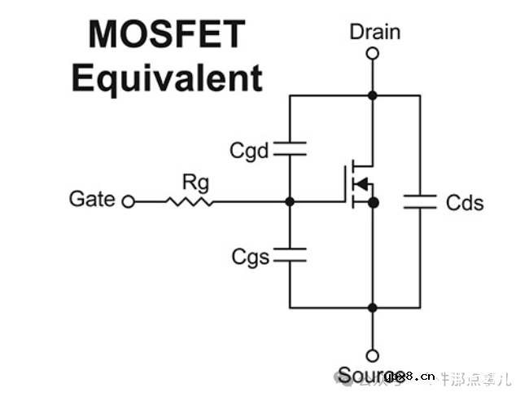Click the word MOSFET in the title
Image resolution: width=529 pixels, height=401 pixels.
tap(166, 35)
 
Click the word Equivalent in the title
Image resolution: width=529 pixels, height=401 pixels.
tap(166, 79)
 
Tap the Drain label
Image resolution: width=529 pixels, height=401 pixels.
tap(374, 32)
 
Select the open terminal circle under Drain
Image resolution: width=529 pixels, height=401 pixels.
tap(373, 55)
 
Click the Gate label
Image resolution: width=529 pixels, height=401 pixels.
tap(92, 199)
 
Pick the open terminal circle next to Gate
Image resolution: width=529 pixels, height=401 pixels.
tap(128, 201)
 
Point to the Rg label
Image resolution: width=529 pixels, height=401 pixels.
tap(195, 181)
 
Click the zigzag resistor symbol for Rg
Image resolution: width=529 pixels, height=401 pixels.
tap(190, 200)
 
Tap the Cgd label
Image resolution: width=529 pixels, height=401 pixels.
tap(249, 151)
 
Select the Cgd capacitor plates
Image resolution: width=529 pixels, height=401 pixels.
tap(290, 148)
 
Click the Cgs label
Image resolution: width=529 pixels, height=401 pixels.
tap(249, 258)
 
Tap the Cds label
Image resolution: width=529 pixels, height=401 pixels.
tap(465, 202)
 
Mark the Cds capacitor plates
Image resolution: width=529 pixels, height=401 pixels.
tap(421, 201)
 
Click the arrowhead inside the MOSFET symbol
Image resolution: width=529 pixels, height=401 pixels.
tap(363, 183)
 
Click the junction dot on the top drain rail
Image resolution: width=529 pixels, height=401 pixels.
tap(373, 95)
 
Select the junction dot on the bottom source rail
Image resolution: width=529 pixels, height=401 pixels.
tap(373, 307)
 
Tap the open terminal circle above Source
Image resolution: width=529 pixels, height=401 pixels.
tap(373, 355)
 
